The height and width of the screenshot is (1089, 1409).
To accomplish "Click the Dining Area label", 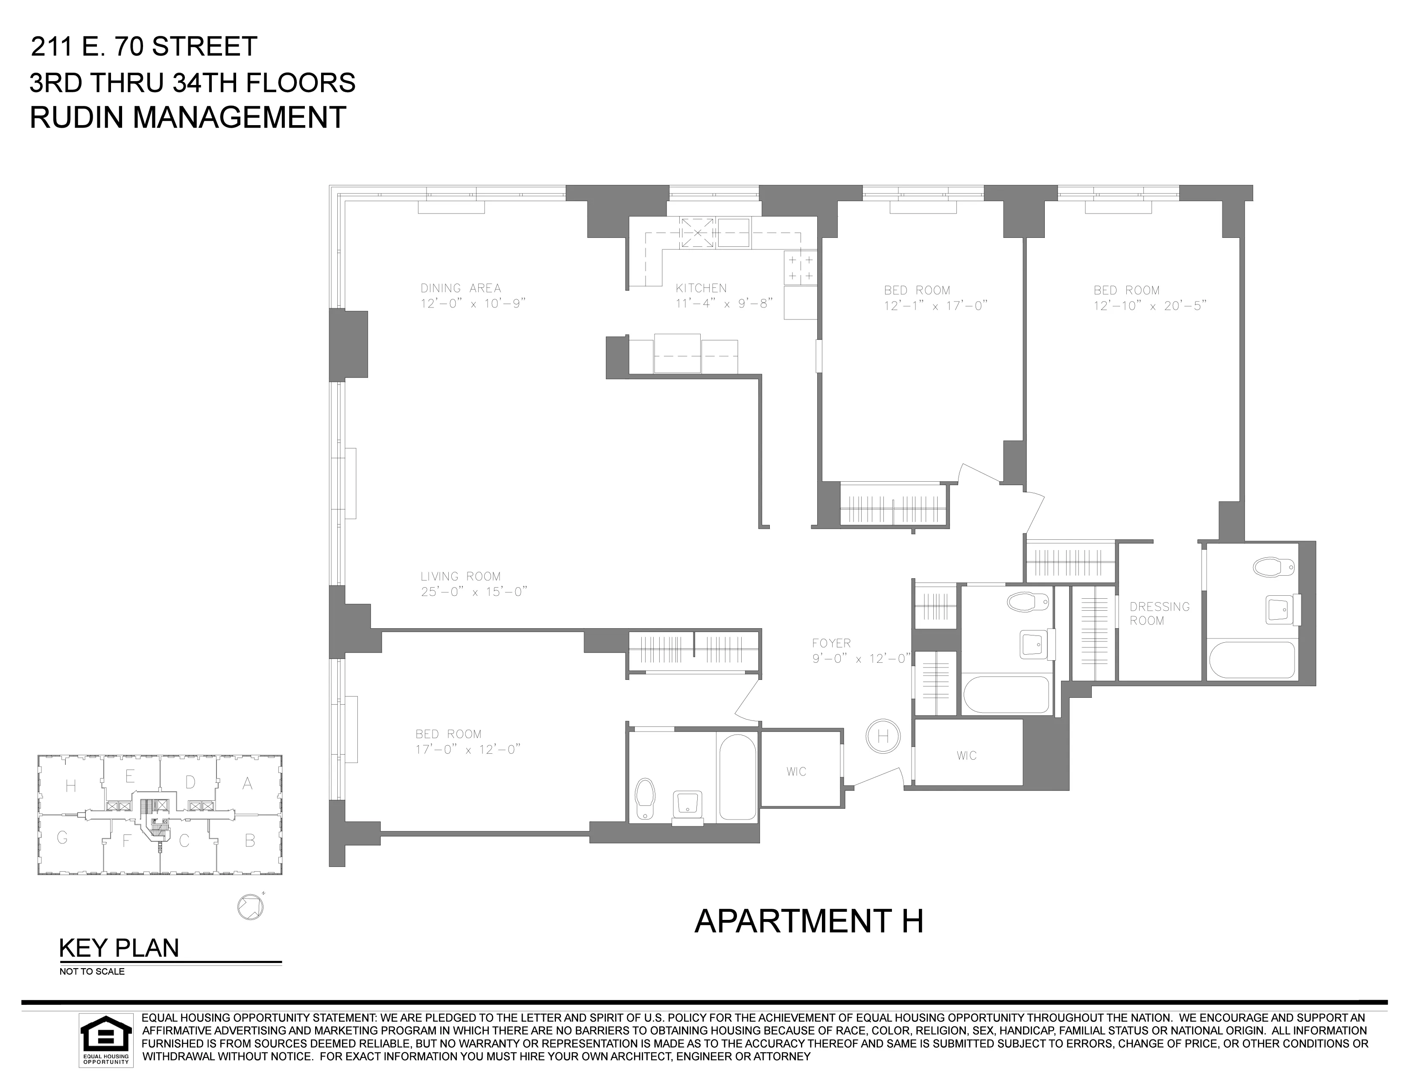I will pyautogui.click(x=461, y=288).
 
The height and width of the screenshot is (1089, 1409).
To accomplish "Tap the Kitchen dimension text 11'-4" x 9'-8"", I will pyautogui.click(x=724, y=303).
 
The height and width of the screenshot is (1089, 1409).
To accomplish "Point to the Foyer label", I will pyautogui.click(x=832, y=643).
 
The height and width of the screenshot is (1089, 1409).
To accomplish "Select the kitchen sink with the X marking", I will pyautogui.click(x=697, y=233).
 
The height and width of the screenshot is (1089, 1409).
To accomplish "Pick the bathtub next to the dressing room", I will pyautogui.click(x=1251, y=659).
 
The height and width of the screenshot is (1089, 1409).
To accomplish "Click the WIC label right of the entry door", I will pyautogui.click(x=966, y=755).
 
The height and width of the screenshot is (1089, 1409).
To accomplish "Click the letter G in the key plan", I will pyautogui.click(x=63, y=837).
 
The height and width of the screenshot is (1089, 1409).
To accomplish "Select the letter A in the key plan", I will pyautogui.click(x=247, y=784).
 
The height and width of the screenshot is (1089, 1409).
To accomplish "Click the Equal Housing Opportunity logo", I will pyautogui.click(x=106, y=1040).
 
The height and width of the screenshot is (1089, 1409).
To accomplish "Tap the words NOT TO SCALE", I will pyautogui.click(x=92, y=972).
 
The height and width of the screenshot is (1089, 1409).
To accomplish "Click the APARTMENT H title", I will pyautogui.click(x=808, y=921).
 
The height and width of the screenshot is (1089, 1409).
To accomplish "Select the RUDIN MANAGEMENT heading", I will pyautogui.click(x=188, y=118).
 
